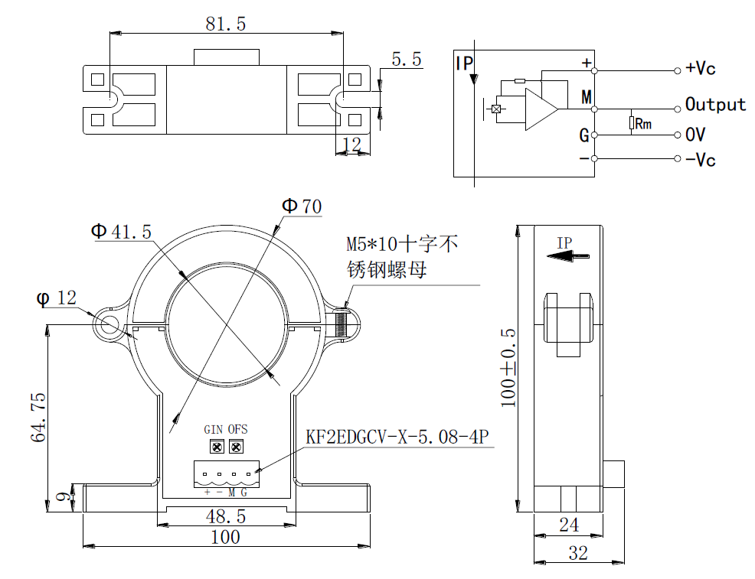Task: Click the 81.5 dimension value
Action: click(226, 24)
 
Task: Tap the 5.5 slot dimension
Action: click(407, 60)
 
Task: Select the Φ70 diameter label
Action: click(302, 206)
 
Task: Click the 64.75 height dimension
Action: click(39, 417)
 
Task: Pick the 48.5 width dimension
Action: click(225, 517)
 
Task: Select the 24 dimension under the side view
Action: click(568, 525)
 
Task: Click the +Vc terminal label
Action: click(700, 69)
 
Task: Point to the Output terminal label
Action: click(715, 105)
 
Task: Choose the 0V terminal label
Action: click(695, 135)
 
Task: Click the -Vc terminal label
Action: click(700, 160)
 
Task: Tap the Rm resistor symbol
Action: click(632, 122)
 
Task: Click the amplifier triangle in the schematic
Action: click(541, 109)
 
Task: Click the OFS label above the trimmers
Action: click(238, 430)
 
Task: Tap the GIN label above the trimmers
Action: click(214, 430)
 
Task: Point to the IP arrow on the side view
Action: click(569, 257)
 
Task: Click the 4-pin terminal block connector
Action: click(226, 474)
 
